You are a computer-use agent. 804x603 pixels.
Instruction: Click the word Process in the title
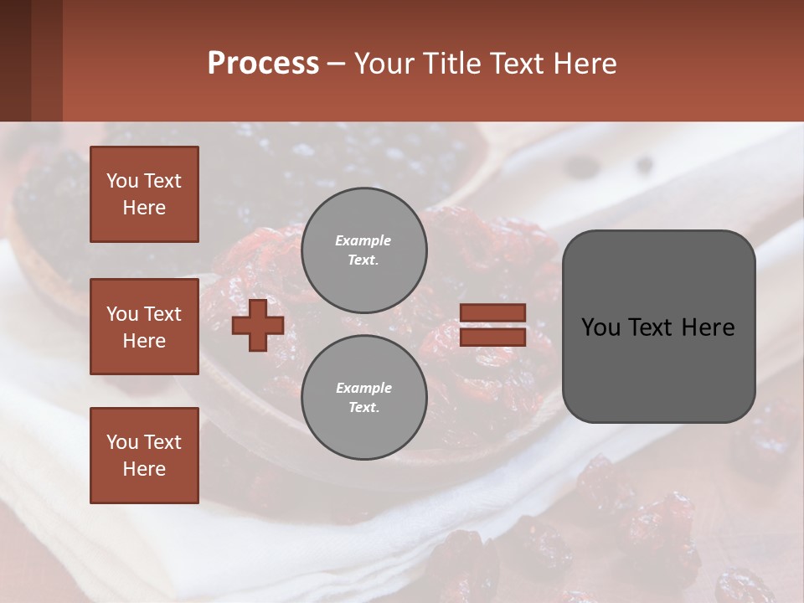tap(263, 63)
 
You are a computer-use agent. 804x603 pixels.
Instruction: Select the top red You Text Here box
tap(144, 194)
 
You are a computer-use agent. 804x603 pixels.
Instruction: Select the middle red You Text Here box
tap(144, 327)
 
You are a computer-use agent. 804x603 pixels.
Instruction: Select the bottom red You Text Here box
tap(144, 455)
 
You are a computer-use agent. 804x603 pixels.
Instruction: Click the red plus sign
tap(258, 325)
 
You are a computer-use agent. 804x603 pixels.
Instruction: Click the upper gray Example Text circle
tap(363, 250)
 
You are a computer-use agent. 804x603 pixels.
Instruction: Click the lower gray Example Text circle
tap(363, 397)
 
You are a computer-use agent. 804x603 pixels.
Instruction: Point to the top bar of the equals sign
tap(493, 312)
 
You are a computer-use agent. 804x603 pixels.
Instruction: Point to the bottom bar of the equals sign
tap(493, 337)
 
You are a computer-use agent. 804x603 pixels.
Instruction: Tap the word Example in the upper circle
tap(363, 240)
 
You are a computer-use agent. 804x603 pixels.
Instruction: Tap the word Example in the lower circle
tap(363, 388)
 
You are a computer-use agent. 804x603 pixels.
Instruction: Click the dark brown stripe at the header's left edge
tap(15, 60)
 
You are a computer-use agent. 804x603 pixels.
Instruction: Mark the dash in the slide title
tap(336, 64)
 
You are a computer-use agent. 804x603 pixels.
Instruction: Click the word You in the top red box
tap(121, 181)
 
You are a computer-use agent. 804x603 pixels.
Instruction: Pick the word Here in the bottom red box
tap(144, 469)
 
